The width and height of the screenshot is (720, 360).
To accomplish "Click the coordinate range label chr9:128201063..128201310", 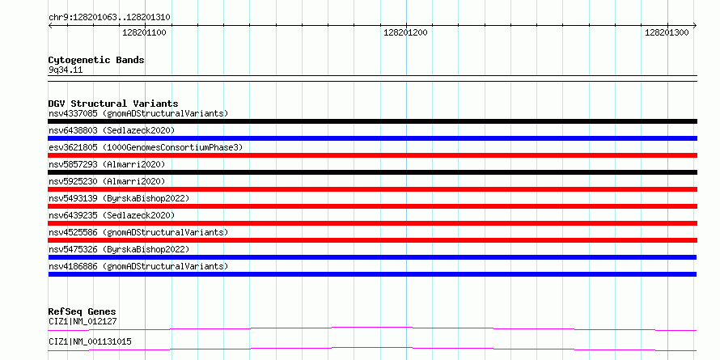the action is click(109, 18).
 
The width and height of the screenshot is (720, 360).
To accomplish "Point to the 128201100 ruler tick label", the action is click(145, 32).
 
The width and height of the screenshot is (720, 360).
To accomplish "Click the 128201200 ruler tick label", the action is click(405, 32).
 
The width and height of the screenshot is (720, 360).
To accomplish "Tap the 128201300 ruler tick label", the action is click(667, 32).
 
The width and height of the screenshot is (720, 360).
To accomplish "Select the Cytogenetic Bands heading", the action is click(96, 60).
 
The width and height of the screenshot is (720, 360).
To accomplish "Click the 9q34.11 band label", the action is click(66, 70).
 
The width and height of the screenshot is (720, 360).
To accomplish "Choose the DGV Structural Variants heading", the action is click(113, 104).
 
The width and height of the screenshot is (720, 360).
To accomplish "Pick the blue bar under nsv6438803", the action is click(372, 138).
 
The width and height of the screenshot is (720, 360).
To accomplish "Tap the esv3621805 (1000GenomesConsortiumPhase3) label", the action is click(146, 147).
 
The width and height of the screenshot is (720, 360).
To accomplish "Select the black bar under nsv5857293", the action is click(372, 172).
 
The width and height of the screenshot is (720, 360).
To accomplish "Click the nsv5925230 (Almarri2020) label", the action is click(107, 181).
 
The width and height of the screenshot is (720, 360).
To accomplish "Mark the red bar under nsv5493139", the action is click(372, 206).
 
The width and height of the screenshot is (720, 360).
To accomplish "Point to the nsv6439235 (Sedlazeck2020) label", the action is click(112, 215).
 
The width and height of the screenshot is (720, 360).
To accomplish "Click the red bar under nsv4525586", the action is click(372, 240).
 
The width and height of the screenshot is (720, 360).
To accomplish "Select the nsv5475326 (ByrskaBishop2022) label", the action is click(119, 249).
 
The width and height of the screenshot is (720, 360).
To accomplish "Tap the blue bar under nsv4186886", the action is click(372, 274).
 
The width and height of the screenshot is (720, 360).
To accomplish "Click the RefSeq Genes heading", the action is click(82, 312).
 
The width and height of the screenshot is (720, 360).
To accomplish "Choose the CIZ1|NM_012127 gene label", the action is click(83, 321).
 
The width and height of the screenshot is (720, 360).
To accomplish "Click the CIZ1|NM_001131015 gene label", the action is click(90, 342).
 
